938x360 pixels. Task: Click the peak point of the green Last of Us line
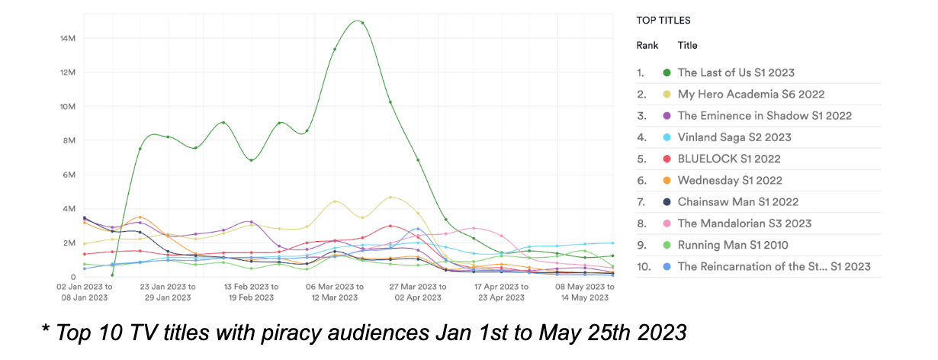(362, 23)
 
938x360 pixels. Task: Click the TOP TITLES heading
(663, 21)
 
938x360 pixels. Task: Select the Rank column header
(647, 46)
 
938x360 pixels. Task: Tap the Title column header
(687, 46)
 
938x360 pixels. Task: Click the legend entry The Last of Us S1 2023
(736, 72)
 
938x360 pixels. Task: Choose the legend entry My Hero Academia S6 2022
(751, 95)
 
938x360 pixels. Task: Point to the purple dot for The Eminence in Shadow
(667, 116)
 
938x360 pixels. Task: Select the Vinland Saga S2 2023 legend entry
(734, 137)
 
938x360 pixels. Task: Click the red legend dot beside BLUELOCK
(667, 159)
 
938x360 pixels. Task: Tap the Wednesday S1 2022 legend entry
(730, 181)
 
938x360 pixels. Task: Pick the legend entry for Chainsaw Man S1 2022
(737, 202)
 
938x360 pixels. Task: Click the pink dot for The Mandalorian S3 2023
(667, 223)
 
